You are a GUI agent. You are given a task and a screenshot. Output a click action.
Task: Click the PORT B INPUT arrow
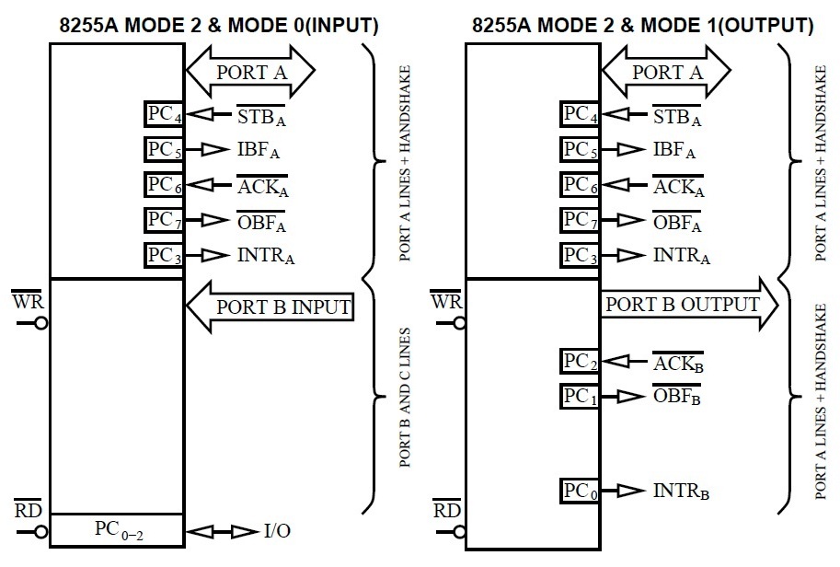(271, 307)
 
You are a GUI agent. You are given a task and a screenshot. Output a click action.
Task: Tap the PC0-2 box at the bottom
(117, 530)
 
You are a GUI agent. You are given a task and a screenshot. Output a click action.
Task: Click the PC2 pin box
(581, 362)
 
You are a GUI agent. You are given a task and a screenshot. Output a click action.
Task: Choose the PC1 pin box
(581, 397)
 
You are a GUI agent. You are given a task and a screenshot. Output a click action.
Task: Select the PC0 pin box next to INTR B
(581, 491)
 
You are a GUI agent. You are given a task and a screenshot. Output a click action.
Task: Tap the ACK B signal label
(677, 363)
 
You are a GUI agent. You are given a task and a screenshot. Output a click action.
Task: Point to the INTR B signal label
(681, 492)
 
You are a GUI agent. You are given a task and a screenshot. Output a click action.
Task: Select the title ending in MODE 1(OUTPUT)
(642, 25)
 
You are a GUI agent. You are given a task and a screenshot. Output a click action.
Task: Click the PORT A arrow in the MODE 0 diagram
(251, 71)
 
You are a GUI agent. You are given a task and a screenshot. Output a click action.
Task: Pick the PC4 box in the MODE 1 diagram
(581, 115)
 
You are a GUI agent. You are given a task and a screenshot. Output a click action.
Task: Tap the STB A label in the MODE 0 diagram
(262, 116)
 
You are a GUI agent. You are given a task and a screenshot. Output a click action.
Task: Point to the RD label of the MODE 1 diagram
(446, 509)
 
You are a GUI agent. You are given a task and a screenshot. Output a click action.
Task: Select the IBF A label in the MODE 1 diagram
(673, 149)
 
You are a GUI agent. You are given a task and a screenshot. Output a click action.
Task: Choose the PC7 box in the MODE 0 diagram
(166, 220)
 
